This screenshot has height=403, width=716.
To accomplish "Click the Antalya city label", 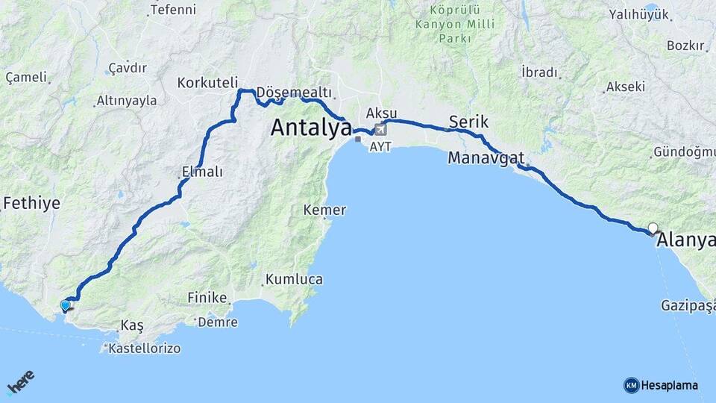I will (x=310, y=128).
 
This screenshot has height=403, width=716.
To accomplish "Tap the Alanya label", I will (x=685, y=241).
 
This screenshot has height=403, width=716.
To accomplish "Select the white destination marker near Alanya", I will (x=653, y=228).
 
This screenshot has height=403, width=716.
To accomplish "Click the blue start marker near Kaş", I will (x=66, y=305).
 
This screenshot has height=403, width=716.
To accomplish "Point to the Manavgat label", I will (x=486, y=158).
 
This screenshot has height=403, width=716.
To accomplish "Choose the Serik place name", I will (x=468, y=122).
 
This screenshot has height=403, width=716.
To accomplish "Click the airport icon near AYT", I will (x=381, y=130).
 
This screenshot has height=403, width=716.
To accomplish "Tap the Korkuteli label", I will (x=207, y=83).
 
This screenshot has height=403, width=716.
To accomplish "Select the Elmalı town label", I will (x=202, y=172).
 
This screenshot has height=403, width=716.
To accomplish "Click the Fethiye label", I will (x=31, y=203).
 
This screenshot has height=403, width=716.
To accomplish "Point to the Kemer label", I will (x=324, y=210).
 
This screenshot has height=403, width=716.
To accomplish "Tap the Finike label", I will (x=207, y=298).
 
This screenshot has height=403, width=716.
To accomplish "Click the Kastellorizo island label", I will (x=144, y=349).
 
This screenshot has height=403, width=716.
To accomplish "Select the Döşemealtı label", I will (x=293, y=92).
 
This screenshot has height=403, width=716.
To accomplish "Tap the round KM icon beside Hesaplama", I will (x=631, y=385).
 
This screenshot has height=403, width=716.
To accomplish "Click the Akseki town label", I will (x=625, y=87).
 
